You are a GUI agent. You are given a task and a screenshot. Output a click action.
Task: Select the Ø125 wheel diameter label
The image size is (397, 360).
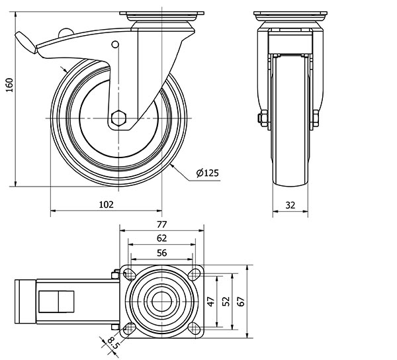click(x=207, y=173)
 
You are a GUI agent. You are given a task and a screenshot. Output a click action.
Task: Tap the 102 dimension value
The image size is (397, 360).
click(x=107, y=204)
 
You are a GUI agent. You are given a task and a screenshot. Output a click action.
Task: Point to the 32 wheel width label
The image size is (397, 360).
click(x=290, y=204)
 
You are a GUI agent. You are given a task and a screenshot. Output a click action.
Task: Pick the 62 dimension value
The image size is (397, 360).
click(x=162, y=238)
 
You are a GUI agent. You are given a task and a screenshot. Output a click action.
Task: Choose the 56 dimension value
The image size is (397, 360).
click(x=162, y=252)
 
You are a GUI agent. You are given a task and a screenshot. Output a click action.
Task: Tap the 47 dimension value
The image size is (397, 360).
click(x=211, y=301)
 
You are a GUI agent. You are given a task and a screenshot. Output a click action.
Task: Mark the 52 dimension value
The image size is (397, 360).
click(x=226, y=301)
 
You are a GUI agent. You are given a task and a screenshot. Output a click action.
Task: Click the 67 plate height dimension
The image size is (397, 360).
click(x=242, y=301)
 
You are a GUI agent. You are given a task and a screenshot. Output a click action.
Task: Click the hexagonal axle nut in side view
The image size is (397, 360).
click(x=118, y=118)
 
